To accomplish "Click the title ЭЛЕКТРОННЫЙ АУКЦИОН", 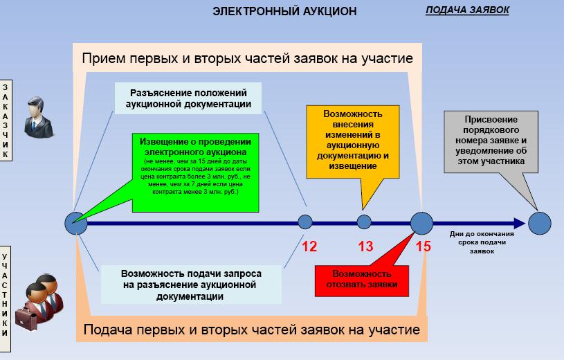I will [284, 11].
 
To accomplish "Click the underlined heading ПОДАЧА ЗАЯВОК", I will [467, 10].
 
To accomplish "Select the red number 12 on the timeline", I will [309, 246].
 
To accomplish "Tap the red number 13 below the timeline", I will [365, 246].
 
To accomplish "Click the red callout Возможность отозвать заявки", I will [361, 278].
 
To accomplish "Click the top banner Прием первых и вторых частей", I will [247, 58].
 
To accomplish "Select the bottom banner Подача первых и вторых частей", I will [251, 329].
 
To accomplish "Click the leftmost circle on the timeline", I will [76, 223].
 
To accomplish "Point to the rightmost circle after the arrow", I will [539, 223].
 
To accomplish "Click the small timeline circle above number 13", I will [365, 222].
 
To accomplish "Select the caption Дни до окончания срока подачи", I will [478, 242].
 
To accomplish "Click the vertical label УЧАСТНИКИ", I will [6, 294].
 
